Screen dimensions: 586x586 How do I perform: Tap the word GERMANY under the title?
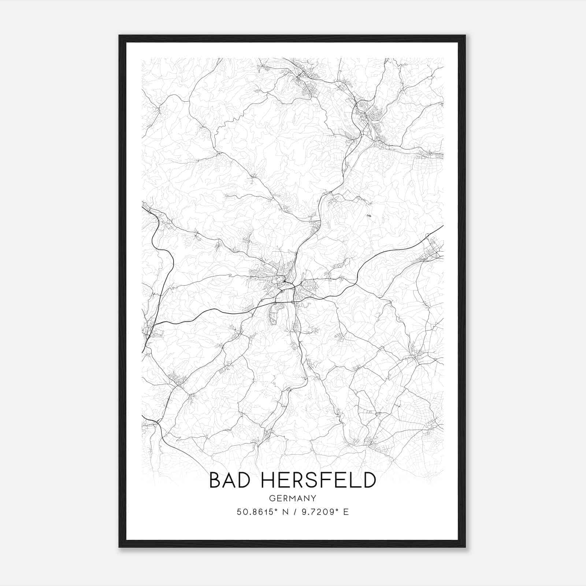click(293, 498)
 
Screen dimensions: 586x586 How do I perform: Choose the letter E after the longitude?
click(346, 512)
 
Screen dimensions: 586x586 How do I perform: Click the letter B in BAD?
click(215, 480)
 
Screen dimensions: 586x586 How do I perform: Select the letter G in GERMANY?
click(271, 498)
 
